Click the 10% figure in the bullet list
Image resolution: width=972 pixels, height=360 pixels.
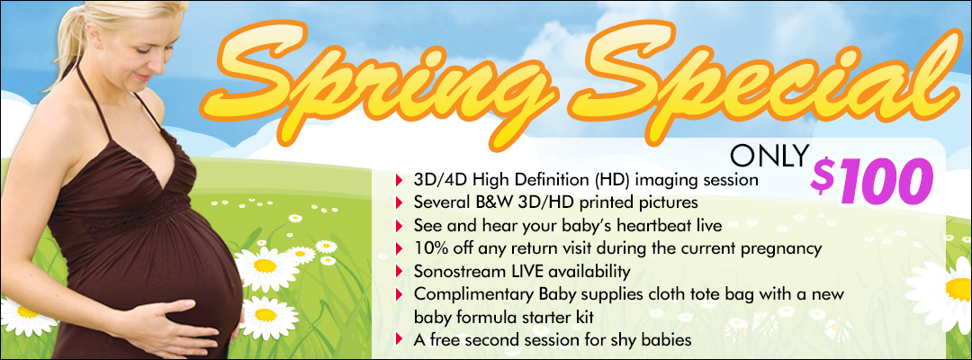pos(429,248)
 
